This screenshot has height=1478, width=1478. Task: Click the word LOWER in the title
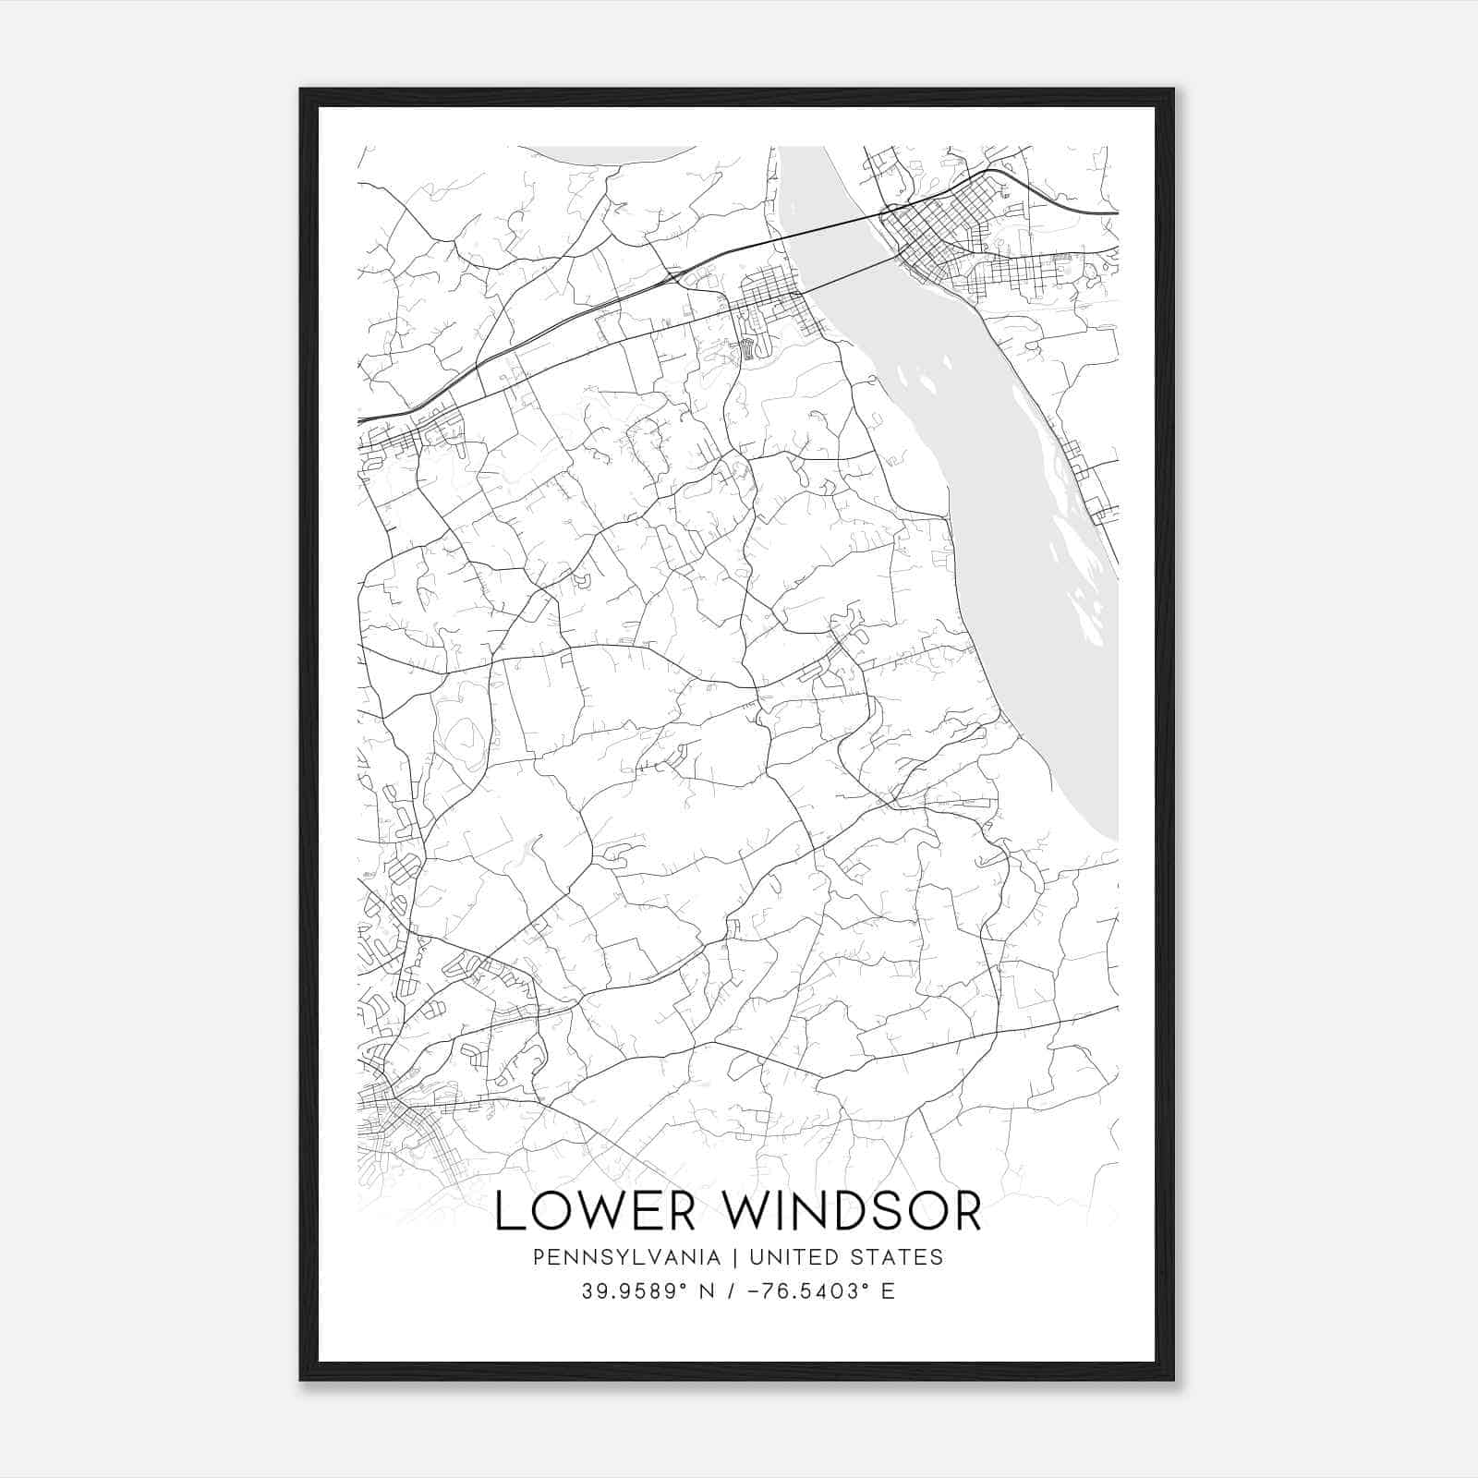[x=595, y=1211]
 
